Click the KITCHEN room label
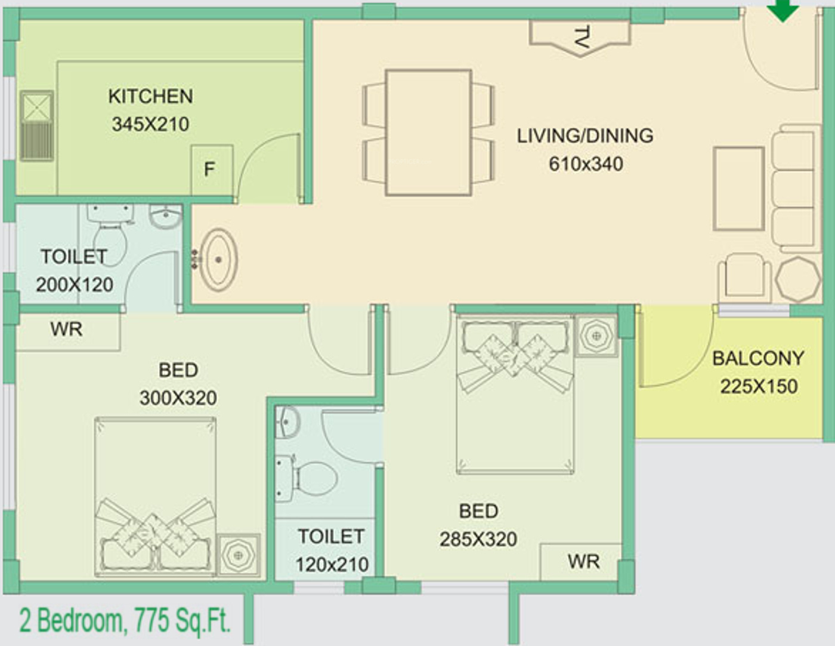[151, 96]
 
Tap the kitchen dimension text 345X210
[151, 124]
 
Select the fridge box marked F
[212, 170]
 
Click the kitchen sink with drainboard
[36, 126]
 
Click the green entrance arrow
[783, 10]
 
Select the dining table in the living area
[429, 133]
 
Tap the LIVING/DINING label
[585, 136]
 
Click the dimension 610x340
[586, 164]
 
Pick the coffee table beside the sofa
[738, 189]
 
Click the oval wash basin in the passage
[218, 260]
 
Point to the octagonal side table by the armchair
[798, 279]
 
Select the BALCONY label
[758, 358]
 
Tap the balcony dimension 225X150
[759, 386]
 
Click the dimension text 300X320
[178, 398]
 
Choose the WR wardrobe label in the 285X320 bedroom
[584, 562]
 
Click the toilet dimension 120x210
[332, 564]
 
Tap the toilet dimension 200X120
[75, 285]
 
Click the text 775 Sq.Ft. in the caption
[182, 620]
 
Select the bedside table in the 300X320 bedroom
[239, 555]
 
